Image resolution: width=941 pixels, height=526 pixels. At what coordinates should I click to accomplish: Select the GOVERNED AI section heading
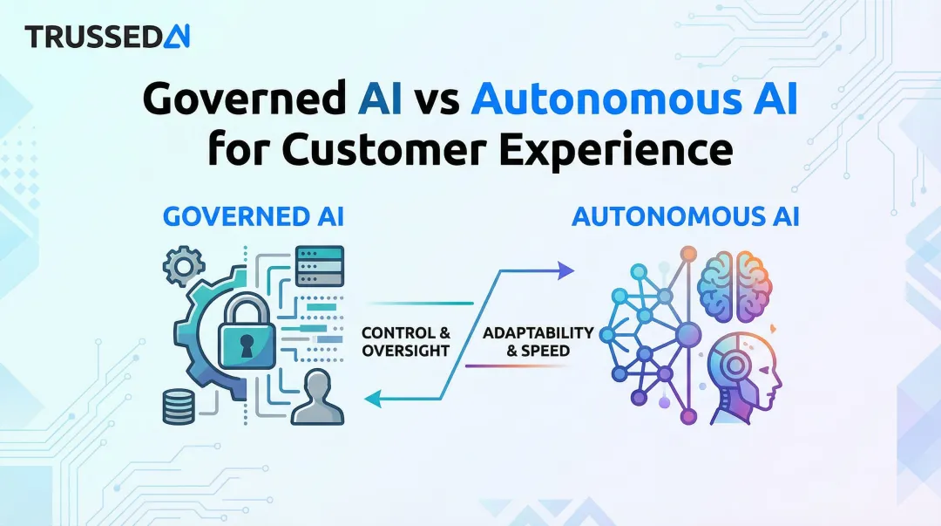point(254,217)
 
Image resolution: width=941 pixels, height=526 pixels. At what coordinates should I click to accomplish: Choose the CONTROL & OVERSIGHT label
point(405,341)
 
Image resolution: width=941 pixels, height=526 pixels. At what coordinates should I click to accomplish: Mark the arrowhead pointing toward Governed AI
point(371,399)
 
